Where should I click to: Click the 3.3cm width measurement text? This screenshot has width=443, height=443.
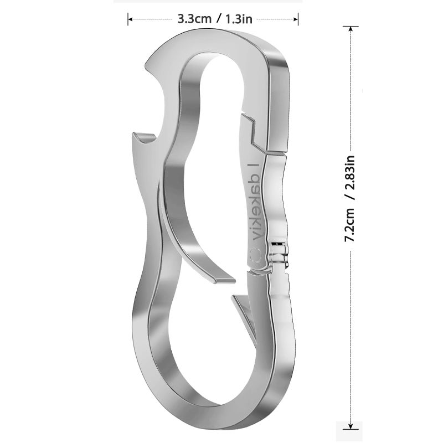tap(194, 19)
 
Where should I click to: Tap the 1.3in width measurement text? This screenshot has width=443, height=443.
tap(239, 19)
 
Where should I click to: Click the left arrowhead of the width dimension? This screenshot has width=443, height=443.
tap(130, 19)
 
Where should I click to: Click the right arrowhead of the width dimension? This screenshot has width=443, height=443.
tap(296, 19)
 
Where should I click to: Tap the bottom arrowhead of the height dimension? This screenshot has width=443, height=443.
tap(351, 426)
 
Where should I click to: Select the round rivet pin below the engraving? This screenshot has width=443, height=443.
tap(256, 253)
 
